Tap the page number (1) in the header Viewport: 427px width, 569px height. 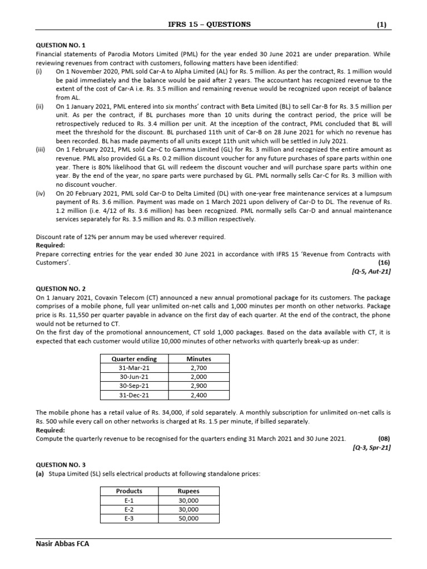click(381, 24)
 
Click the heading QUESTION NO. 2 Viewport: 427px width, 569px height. click(61, 289)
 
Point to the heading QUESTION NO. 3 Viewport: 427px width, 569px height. click(61, 464)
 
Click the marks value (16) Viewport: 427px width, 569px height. click(384, 262)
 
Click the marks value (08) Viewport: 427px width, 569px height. click(384, 438)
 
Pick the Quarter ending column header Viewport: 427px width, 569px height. click(134, 359)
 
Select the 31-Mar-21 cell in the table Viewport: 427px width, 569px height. click(134, 368)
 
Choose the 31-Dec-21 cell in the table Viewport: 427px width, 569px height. click(134, 395)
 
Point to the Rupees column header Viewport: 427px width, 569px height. click(188, 491)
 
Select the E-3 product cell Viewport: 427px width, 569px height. click(129, 518)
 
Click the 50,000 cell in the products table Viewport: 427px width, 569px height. click(188, 518)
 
